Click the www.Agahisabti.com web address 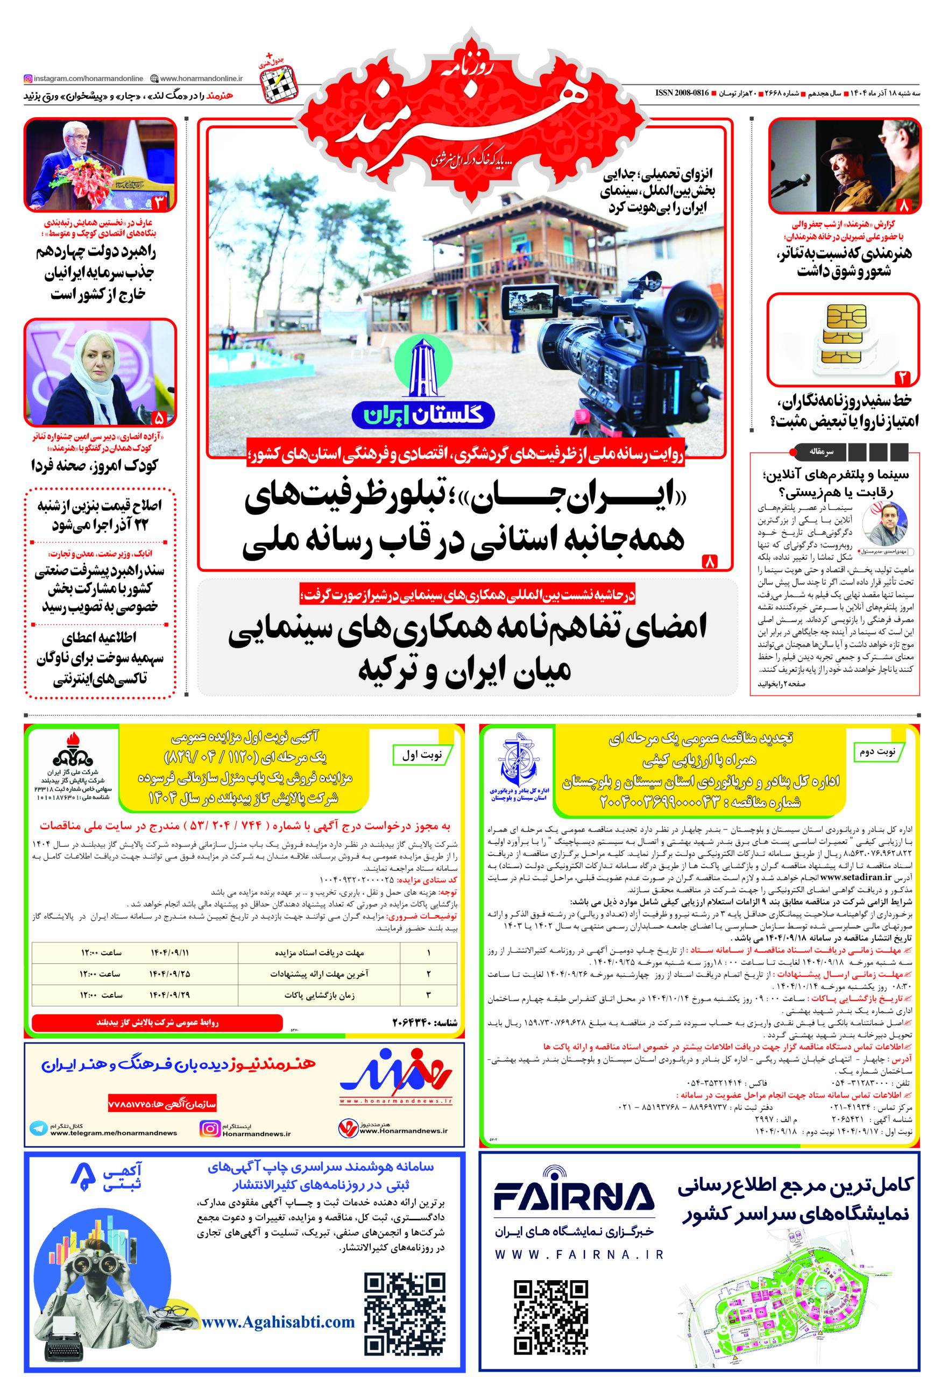(279, 1322)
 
